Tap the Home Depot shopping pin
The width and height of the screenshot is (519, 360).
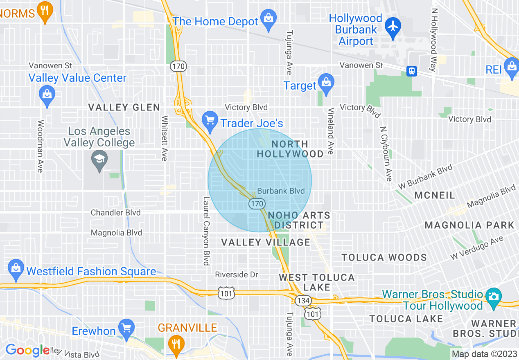pyautogui.click(x=269, y=19)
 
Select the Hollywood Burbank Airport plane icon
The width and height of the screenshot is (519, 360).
pyautogui.click(x=393, y=27)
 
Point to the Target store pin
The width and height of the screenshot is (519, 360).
pyautogui.click(x=326, y=83)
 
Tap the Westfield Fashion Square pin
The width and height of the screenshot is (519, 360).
pyautogui.click(x=16, y=269)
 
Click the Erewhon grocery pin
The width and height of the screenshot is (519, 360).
pyautogui.click(x=126, y=328)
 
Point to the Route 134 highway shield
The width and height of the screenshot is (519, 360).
pyautogui.click(x=303, y=299)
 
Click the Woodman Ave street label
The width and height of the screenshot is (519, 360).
pyautogui.click(x=40, y=146)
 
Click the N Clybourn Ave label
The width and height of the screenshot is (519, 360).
pyautogui.click(x=386, y=153)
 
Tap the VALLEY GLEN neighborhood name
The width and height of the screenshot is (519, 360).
pyautogui.click(x=124, y=108)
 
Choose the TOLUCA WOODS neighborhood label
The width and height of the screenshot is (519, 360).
pyautogui.click(x=384, y=257)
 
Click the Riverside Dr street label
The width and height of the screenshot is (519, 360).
pyautogui.click(x=237, y=274)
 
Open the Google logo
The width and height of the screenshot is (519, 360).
pyautogui.click(x=27, y=350)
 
